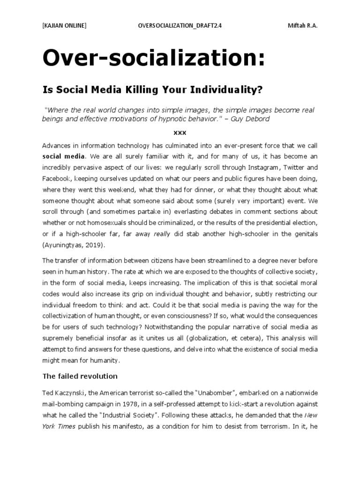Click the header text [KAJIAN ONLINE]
(x=64, y=26)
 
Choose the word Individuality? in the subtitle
(x=221, y=89)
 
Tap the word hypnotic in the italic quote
(x=176, y=119)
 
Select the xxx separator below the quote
(x=180, y=133)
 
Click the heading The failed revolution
(x=80, y=376)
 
